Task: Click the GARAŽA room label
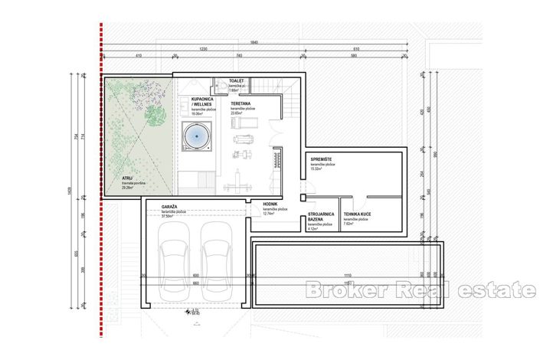171,207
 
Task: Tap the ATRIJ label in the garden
116,178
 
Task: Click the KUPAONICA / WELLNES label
202,102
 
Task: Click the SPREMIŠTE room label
322,159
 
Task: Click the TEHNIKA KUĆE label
358,214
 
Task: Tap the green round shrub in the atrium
155,116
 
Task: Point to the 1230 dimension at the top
203,49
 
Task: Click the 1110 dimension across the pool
347,276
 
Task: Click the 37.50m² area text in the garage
170,216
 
